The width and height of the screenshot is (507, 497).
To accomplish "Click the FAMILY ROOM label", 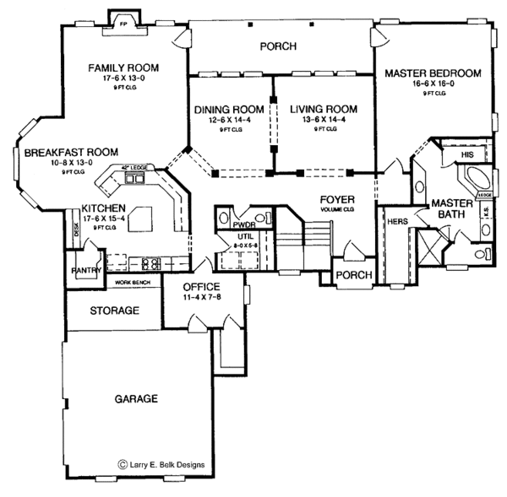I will coord(125,67).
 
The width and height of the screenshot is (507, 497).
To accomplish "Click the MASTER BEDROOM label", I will coord(432,73).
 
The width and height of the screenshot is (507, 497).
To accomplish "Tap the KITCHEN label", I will coord(106,208).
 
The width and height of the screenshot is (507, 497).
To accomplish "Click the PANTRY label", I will coord(86,272).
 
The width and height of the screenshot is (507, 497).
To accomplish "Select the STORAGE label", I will coord(114,311).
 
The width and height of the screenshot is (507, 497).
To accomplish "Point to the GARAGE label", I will coord(136,398).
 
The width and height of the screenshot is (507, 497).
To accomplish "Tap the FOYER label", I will coord(330,200).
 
